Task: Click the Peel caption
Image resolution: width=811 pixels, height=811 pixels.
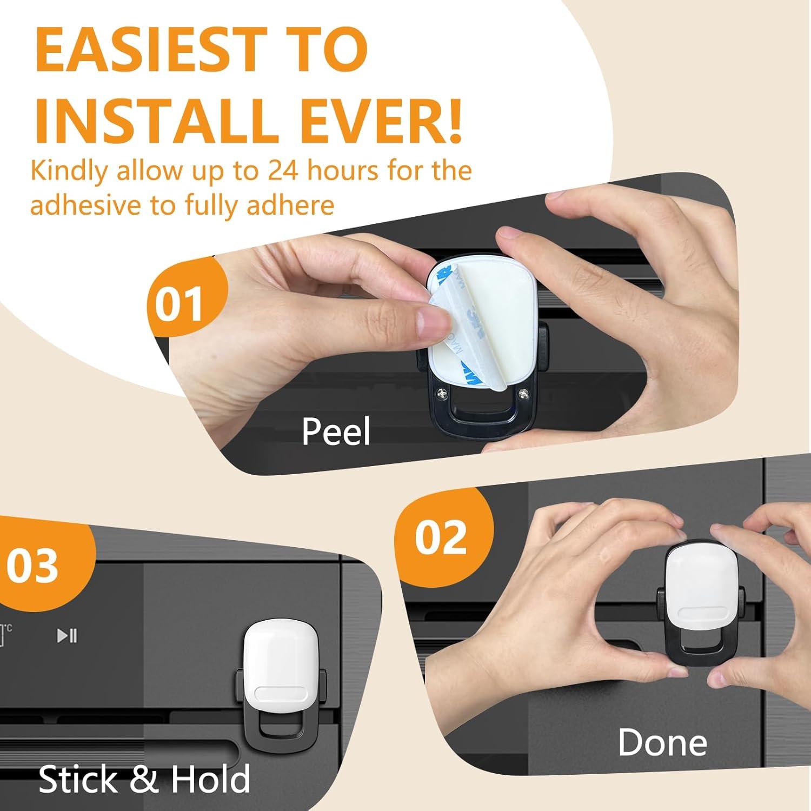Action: tap(336, 431)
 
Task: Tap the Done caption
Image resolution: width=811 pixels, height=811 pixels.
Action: tap(662, 742)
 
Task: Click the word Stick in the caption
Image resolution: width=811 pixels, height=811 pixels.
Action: tap(79, 779)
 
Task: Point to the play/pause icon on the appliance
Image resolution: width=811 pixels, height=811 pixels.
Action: tap(67, 635)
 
